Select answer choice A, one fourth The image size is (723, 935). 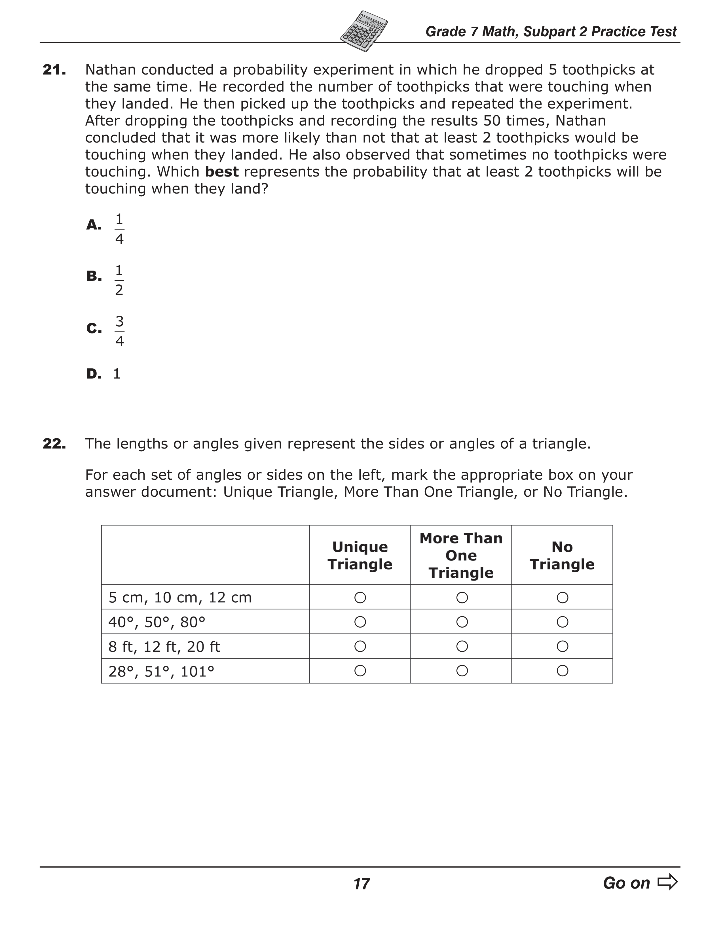coord(119,229)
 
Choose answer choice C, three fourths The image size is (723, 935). coord(119,332)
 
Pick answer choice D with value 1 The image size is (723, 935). coord(117,374)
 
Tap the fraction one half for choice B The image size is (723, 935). coord(119,280)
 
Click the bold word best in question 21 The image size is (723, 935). coord(222,172)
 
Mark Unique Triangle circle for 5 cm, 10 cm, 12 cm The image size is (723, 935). coord(360,597)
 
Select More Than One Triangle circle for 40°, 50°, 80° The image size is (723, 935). coord(462,622)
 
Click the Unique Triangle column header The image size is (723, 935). coord(360,555)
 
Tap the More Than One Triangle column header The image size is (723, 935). coord(461,555)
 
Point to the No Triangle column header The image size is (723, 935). coord(562,555)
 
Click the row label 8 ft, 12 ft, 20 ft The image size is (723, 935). coord(164,647)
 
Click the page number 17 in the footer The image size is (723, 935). coord(361,884)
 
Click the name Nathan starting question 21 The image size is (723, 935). coord(111,70)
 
